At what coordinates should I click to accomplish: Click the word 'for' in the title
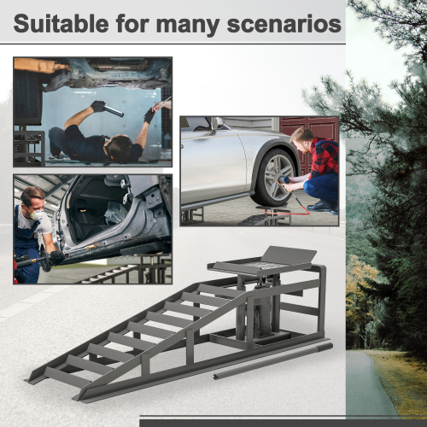149,23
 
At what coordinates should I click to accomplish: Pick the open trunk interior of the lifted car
94,209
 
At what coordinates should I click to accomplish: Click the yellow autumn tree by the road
363,299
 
